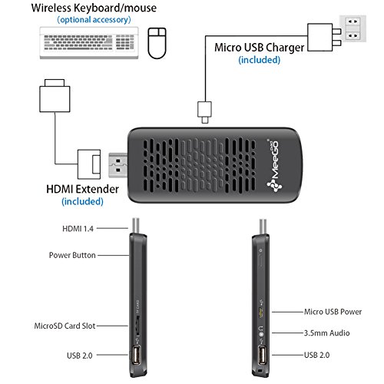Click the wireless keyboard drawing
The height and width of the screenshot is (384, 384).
tap(89, 43)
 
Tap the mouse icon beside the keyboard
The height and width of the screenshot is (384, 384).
tap(157, 43)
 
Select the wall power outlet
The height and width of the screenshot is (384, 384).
tap(353, 28)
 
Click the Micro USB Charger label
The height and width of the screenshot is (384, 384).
tap(259, 48)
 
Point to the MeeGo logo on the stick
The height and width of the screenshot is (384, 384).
tap(274, 165)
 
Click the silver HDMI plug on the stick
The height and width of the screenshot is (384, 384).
tap(118, 165)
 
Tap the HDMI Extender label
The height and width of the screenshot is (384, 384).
tap(82, 189)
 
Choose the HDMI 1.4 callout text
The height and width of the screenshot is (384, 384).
tap(78, 229)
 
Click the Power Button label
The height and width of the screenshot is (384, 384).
tap(72, 255)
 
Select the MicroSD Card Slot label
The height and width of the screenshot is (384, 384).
tap(65, 326)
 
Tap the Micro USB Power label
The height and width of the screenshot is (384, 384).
tap(333, 312)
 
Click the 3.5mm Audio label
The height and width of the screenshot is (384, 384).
tap(326, 333)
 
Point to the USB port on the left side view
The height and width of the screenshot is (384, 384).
tap(136, 355)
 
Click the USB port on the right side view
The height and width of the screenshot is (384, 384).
tap(262, 355)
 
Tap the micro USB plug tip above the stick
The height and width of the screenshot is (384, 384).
tap(205, 120)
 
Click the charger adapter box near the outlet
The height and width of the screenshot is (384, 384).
tap(320, 38)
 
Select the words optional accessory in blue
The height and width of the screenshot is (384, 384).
tap(94, 20)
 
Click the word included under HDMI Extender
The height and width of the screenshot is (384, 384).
tap(82, 201)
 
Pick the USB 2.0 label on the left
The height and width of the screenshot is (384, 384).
tap(79, 356)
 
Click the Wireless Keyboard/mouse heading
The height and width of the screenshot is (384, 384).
tap(94, 8)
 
